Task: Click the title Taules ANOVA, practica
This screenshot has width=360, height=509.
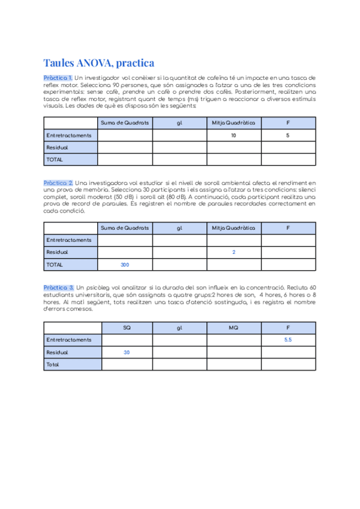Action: tap(99, 63)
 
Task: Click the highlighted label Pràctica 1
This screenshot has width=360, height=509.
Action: tap(58, 78)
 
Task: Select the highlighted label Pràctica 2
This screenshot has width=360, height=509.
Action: tap(58, 182)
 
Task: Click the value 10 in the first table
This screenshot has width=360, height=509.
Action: tap(233, 136)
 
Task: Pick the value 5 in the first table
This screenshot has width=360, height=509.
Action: tap(288, 136)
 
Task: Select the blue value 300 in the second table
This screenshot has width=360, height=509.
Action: tap(125, 265)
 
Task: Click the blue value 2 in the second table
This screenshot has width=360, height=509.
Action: tap(233, 253)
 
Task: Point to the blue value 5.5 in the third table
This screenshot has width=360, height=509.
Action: tap(288, 340)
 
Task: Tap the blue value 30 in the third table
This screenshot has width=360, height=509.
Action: tap(127, 352)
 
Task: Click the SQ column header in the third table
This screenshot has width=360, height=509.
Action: tap(127, 328)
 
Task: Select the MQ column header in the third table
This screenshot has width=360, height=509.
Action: tap(233, 328)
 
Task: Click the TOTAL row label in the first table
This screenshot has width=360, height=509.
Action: tap(55, 160)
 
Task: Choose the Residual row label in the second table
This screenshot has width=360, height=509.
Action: tap(58, 253)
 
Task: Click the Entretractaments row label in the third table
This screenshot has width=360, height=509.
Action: tap(69, 340)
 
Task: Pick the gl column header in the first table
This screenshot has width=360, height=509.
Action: tap(179, 123)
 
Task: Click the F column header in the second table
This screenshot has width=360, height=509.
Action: tap(288, 228)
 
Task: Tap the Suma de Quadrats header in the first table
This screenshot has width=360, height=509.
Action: tap(125, 123)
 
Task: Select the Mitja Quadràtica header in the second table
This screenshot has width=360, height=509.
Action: tap(233, 228)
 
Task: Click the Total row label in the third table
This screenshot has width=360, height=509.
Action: tap(54, 364)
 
